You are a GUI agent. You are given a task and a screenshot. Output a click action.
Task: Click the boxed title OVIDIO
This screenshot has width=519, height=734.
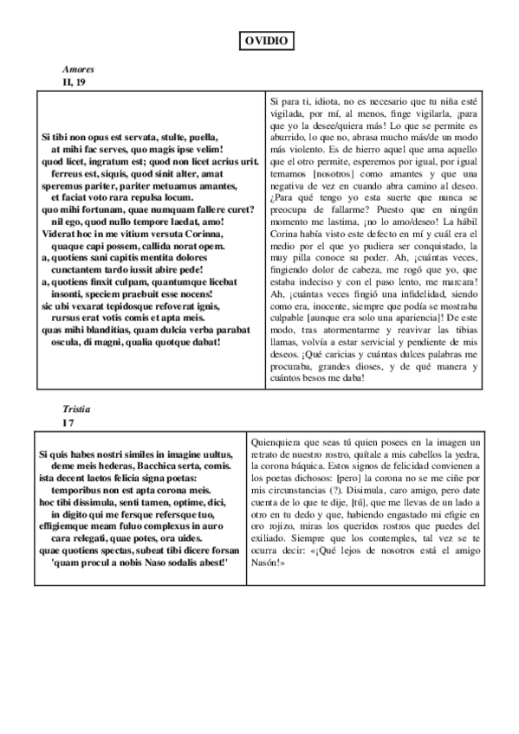click(x=263, y=41)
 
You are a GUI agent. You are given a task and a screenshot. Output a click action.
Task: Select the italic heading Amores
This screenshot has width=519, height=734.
click(x=78, y=69)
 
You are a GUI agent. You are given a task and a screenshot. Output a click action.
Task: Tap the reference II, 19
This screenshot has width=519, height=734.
click(x=75, y=81)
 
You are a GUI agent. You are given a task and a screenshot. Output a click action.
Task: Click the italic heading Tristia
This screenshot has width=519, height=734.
click(x=77, y=408)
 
